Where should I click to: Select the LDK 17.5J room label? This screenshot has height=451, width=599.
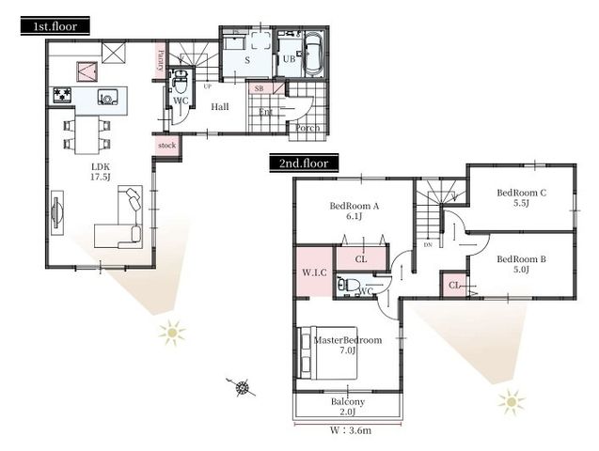(102, 172)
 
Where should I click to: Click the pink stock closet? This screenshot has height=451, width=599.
(166, 146)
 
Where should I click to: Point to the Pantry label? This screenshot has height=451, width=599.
(160, 58)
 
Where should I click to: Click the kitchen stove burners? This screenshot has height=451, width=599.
(63, 94)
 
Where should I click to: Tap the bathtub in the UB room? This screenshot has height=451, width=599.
(312, 56)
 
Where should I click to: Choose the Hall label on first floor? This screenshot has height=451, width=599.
(220, 107)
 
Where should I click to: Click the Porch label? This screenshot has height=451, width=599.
(307, 128)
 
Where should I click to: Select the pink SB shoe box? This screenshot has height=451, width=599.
(260, 88)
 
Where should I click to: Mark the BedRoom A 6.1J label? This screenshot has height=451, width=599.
(354, 210)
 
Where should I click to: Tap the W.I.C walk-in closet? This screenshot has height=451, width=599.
(313, 273)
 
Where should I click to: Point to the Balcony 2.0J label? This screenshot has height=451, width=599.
(348, 407)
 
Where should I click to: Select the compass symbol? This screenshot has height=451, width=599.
(243, 386)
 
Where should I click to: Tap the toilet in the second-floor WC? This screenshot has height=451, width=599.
(348, 284)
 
